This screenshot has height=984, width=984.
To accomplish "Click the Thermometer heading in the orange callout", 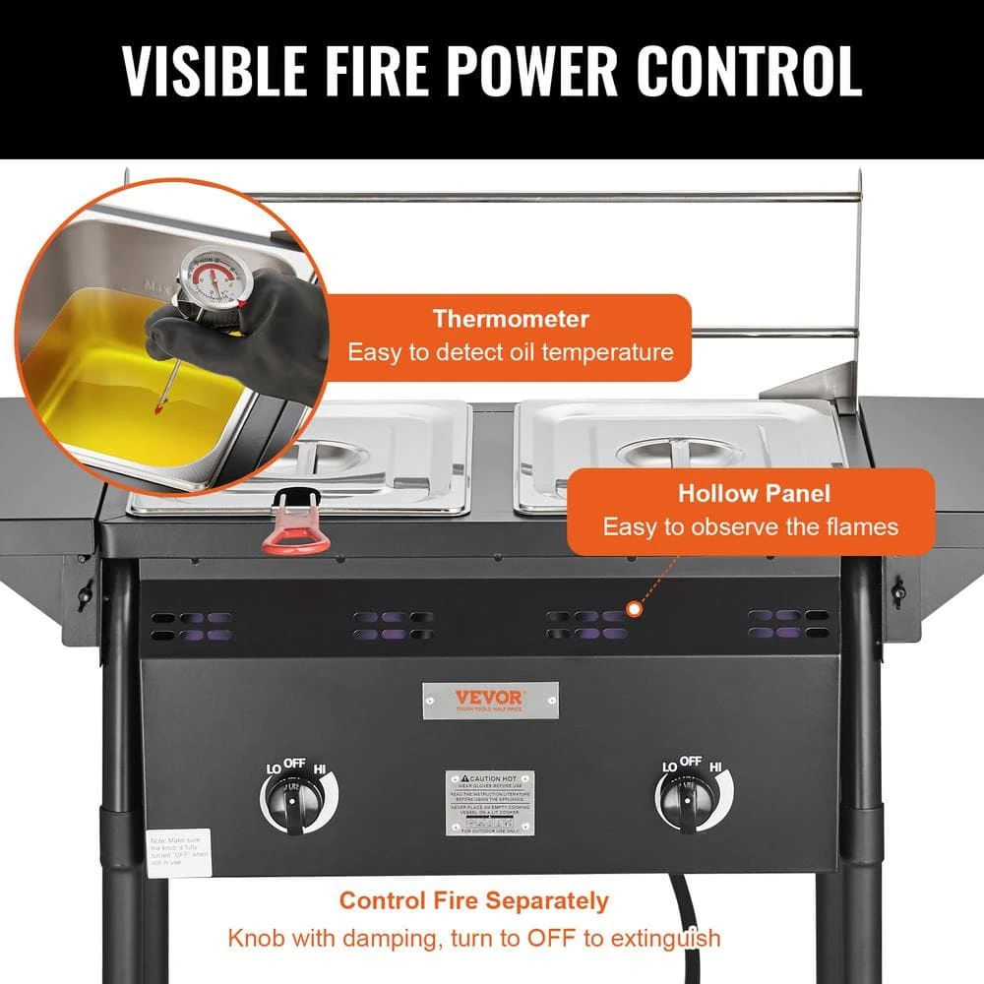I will click(511, 319).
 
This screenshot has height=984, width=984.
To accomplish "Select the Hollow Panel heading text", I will click(754, 494).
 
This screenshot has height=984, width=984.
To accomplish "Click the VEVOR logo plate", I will click(490, 700).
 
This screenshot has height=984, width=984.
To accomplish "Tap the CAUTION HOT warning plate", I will click(489, 803).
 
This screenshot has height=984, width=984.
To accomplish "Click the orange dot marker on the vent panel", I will click(635, 610).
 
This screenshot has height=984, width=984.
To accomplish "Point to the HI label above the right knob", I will click(715, 766).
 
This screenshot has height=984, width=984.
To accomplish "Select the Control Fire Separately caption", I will click(474, 899).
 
